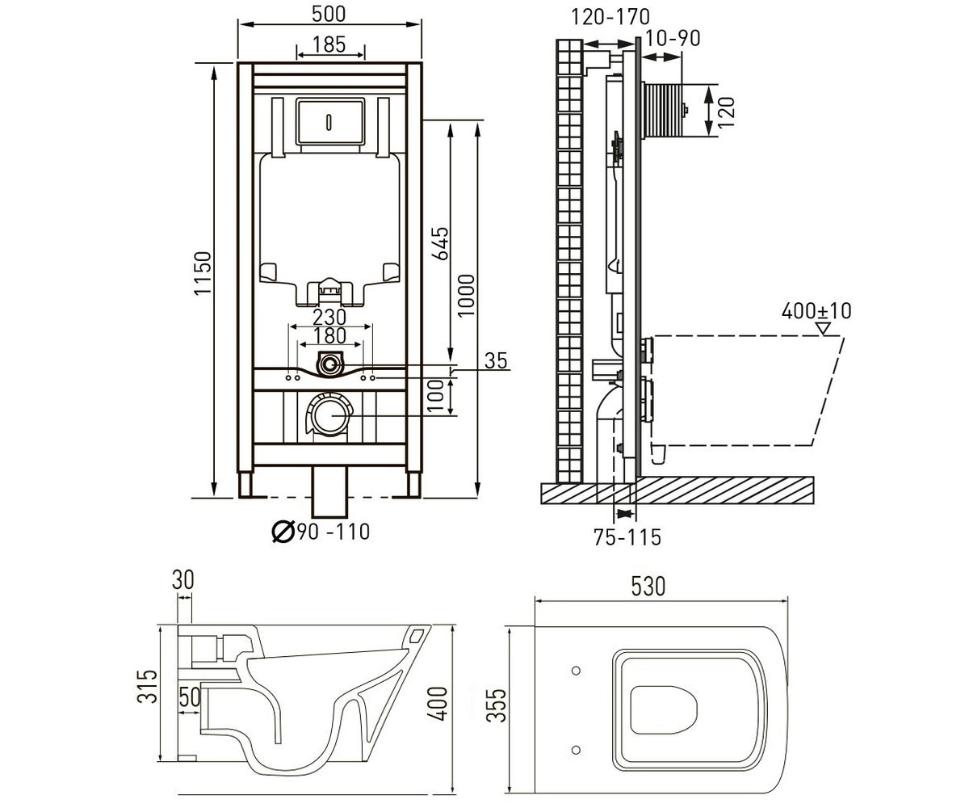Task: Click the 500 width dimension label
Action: [329, 14]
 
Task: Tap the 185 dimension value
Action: [329, 45]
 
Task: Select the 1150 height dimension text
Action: [203, 273]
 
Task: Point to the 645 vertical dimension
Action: [441, 243]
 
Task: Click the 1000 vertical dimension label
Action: [467, 296]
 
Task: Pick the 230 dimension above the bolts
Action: [329, 318]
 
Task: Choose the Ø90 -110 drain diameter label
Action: [321, 532]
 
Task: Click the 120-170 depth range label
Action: [610, 18]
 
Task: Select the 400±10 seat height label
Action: [816, 311]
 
